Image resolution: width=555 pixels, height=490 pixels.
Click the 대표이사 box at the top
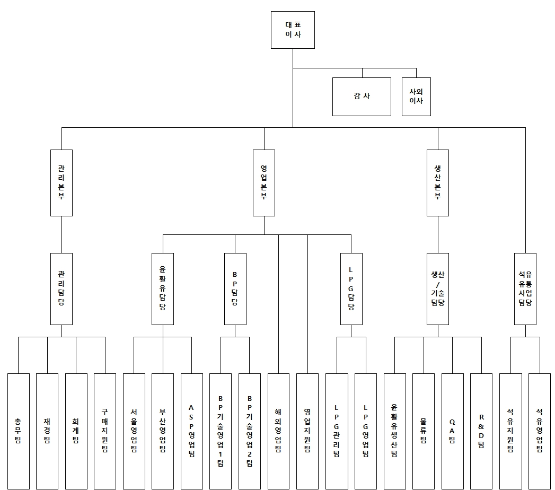click(293, 30)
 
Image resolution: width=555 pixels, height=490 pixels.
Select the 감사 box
click(362, 97)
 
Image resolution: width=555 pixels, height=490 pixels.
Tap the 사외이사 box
click(416, 97)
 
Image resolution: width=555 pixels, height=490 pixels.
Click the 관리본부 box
click(61, 182)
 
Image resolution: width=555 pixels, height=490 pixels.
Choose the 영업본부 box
click(264, 182)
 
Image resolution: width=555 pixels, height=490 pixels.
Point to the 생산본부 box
click(438, 182)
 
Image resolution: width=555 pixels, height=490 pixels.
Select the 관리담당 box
click(61, 288)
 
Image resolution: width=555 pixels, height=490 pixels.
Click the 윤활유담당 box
click(163, 288)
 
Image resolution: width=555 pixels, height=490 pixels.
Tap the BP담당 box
click(235, 288)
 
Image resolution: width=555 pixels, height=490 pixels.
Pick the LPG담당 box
click(351, 288)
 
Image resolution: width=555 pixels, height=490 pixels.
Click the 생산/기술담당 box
click(438, 288)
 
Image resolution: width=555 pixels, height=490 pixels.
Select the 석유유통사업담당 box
click(525, 288)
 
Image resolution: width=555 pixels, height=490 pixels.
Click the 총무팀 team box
click(19, 431)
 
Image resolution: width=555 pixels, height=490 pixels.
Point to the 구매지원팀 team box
click(105, 431)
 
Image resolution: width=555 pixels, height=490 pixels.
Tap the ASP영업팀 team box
click(191, 431)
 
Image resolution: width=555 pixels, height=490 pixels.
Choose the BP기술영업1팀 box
click(221, 431)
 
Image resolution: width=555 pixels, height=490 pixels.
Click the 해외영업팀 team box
click(278, 431)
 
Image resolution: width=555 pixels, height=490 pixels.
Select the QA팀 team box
click(452, 431)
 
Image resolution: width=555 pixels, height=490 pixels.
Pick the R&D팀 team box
click(481, 431)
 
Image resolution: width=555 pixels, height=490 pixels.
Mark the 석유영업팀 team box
click(539, 431)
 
